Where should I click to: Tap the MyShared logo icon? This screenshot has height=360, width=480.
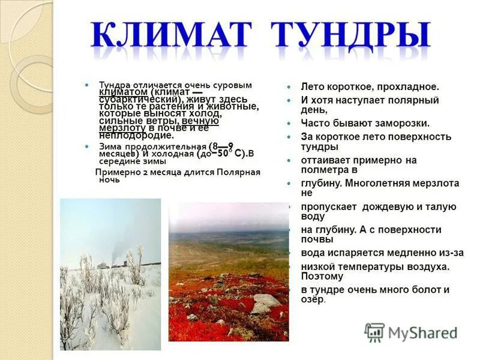(x=375, y=332)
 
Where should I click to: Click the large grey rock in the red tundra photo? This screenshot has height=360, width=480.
(x=265, y=302)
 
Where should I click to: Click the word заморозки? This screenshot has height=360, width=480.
(x=401, y=123)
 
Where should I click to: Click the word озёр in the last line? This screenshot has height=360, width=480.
(x=313, y=299)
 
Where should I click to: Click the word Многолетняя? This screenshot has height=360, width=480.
(x=379, y=184)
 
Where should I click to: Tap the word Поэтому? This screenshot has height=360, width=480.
(x=322, y=277)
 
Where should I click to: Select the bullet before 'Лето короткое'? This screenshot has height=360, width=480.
(x=289, y=88)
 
